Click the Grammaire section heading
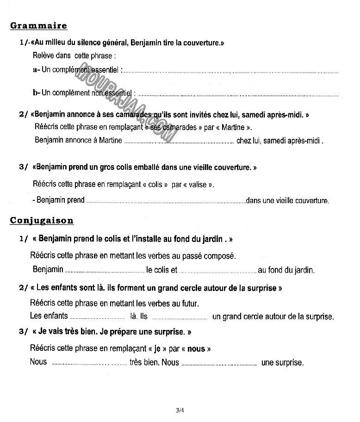[38, 26]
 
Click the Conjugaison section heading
[42, 221]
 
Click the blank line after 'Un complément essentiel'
[231, 71]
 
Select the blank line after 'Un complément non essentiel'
[238, 94]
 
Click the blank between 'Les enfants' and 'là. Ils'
[98, 318]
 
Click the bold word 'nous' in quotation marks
[196, 349]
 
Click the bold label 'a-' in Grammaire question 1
[37, 70]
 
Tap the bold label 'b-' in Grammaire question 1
[37, 93]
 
